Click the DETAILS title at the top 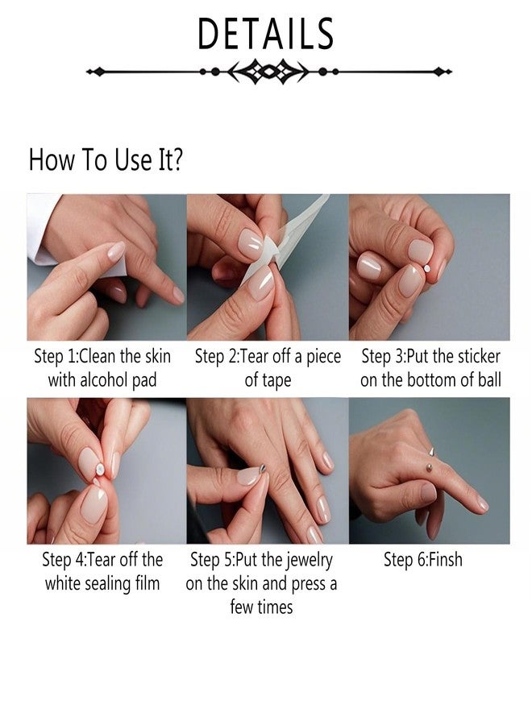click(265, 34)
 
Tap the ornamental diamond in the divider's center click(268, 72)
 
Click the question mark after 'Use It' click(176, 159)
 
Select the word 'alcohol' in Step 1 click(105, 380)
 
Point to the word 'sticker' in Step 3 click(480, 357)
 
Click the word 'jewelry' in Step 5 click(309, 561)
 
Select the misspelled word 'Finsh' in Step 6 click(446, 560)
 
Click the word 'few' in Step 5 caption click(241, 607)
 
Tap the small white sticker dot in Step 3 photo click(427, 268)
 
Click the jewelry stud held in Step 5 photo click(263, 469)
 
